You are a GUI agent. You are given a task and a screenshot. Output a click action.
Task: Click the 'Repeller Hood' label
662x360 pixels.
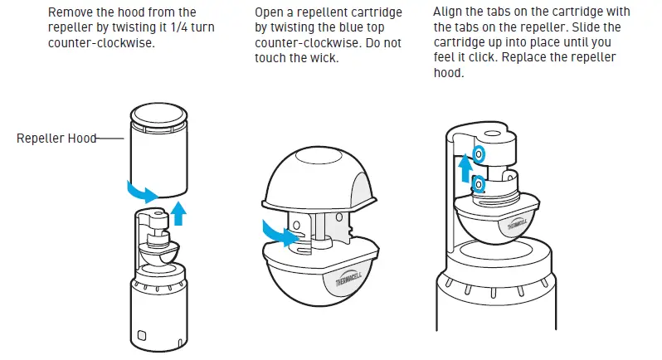pos(56,139)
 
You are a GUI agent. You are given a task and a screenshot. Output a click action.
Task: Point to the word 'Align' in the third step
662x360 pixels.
pos(449,12)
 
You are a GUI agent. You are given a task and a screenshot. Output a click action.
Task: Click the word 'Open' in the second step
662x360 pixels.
pos(275,12)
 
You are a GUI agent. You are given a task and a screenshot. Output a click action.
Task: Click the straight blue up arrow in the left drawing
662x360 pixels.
pos(177,215)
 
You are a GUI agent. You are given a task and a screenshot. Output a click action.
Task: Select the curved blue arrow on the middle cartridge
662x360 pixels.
pos(279,233)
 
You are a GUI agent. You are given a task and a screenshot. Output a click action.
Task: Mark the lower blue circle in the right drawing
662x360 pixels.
pos(477,183)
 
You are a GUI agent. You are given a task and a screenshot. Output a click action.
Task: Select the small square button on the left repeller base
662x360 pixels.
pos(141,335)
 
